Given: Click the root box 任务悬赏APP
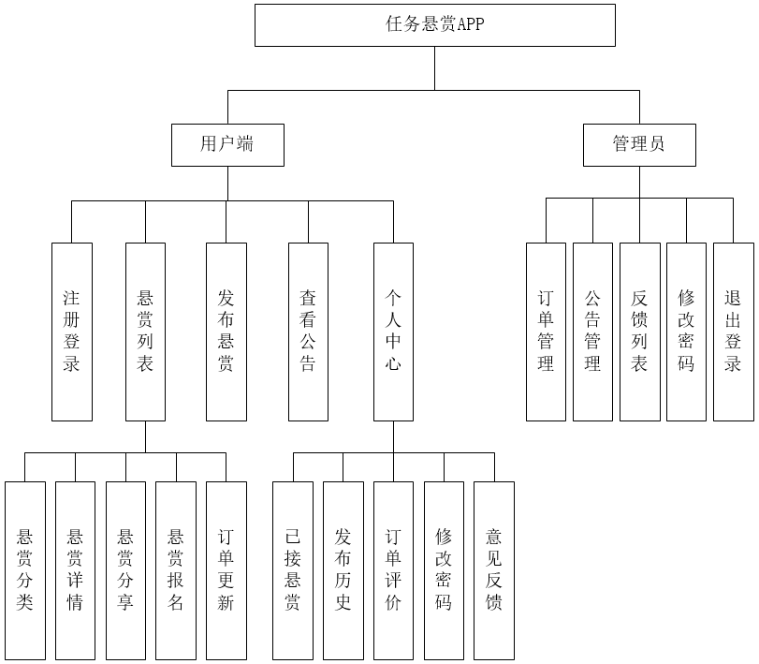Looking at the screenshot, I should pyautogui.click(x=435, y=25).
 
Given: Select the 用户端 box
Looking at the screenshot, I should pyautogui.click(x=227, y=144).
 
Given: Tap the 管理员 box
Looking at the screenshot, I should pyautogui.click(x=639, y=144).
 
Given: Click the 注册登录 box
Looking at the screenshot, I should pyautogui.click(x=72, y=332).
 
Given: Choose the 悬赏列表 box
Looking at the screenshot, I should pyautogui.click(x=145, y=332).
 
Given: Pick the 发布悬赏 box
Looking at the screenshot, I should pyautogui.click(x=226, y=332).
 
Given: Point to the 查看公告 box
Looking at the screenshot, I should pyautogui.click(x=308, y=332).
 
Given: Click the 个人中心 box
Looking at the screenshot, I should pyautogui.click(x=393, y=332).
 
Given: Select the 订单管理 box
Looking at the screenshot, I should pyautogui.click(x=546, y=332).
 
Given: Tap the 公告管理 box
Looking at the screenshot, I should pyautogui.click(x=592, y=332).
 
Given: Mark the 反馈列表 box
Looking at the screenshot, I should pyautogui.click(x=639, y=332).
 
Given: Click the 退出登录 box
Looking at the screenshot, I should pyautogui.click(x=733, y=332).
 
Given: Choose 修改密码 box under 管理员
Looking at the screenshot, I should pyautogui.click(x=686, y=332).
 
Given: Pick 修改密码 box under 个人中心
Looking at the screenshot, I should pyautogui.click(x=444, y=569).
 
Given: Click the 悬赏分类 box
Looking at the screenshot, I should pyautogui.click(x=25, y=569).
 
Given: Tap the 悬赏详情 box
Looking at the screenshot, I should pyautogui.click(x=76, y=569).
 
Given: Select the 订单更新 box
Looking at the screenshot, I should pyautogui.click(x=226, y=569).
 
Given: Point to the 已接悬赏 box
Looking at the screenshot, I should pyautogui.click(x=293, y=569).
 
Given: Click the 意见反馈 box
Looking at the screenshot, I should pyautogui.click(x=494, y=569).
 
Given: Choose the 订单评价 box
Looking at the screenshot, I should pyautogui.click(x=393, y=569).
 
